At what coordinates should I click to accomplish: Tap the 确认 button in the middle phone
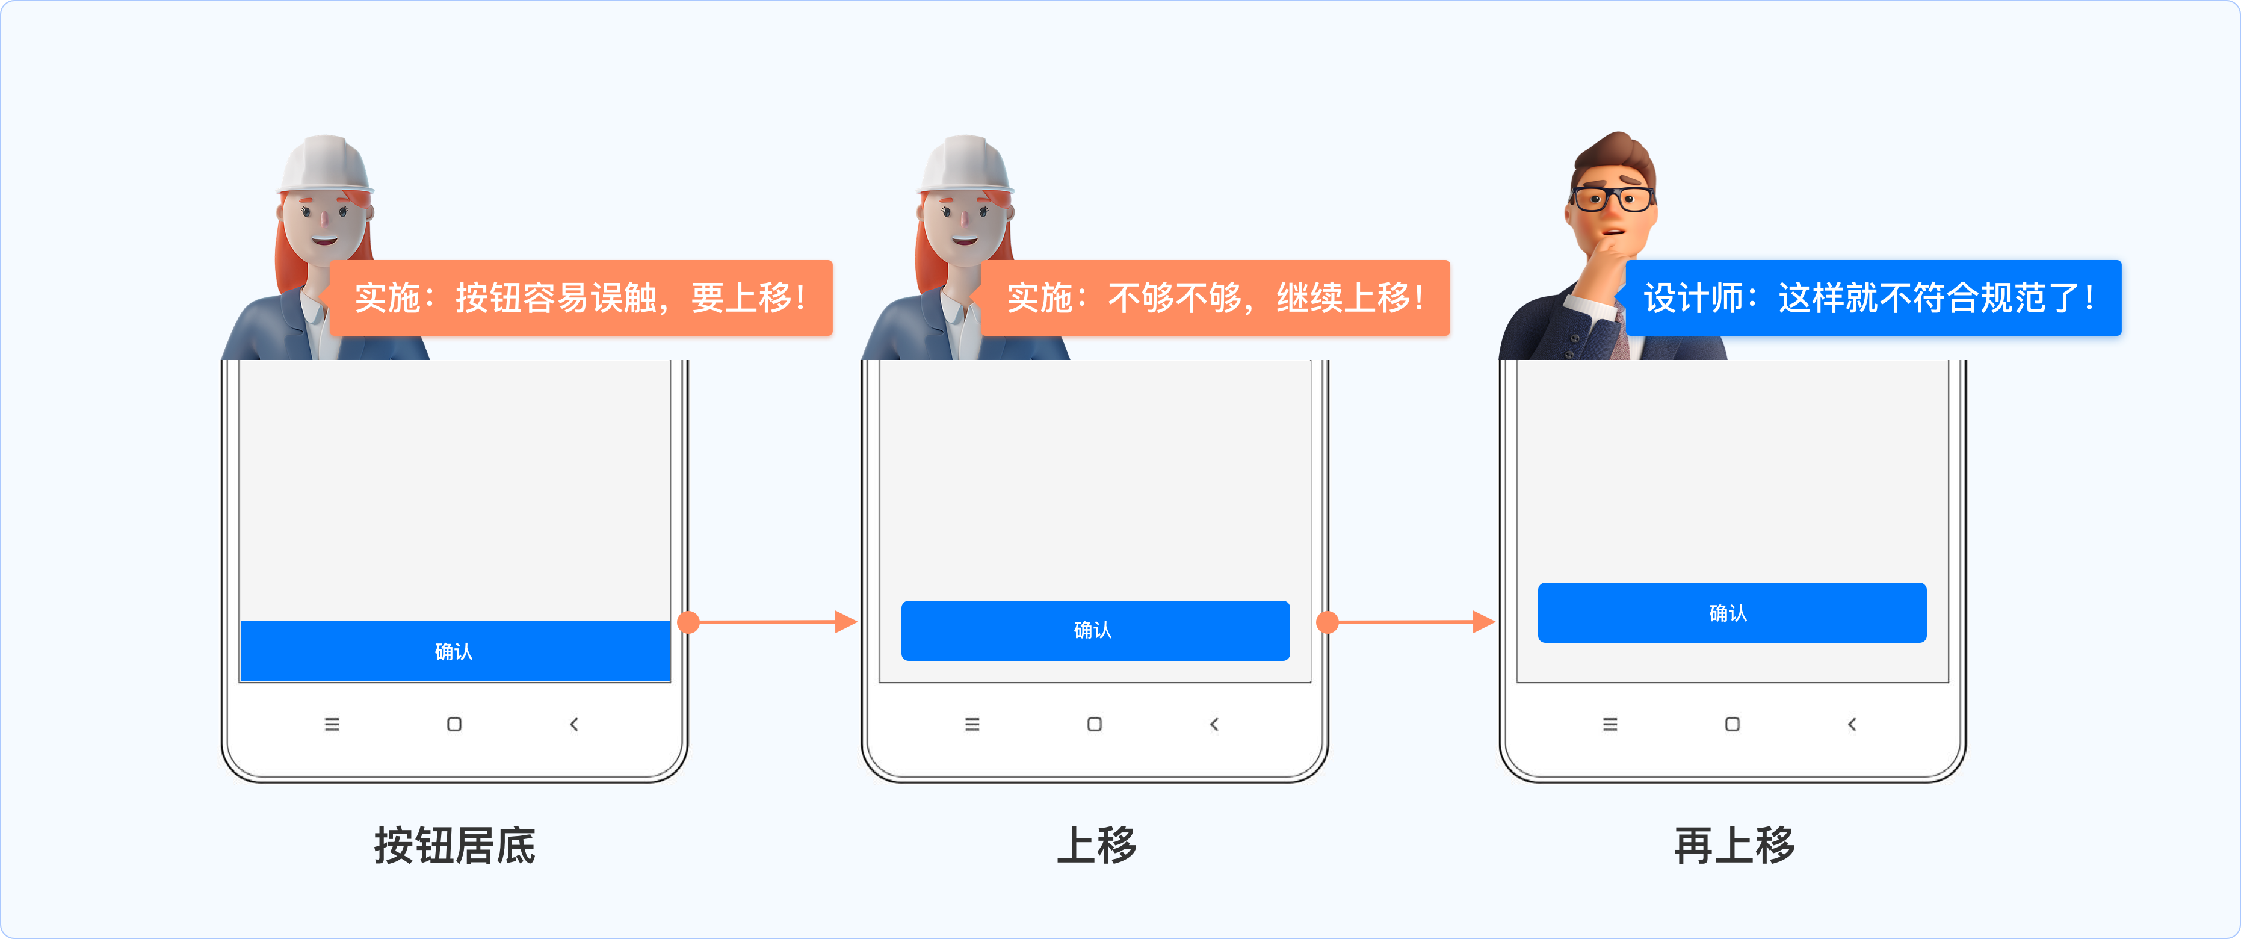point(1095,630)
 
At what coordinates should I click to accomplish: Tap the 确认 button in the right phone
point(1731,613)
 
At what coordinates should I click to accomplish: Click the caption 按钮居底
point(454,845)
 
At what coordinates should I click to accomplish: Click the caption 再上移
point(1734,845)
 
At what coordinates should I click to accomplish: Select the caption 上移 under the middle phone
point(1096,845)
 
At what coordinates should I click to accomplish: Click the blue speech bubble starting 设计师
point(1872,297)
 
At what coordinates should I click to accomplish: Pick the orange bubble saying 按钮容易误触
point(580,297)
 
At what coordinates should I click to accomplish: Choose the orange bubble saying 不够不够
point(1214,297)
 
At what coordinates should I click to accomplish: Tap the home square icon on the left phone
point(454,724)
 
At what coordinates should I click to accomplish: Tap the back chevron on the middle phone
point(1214,724)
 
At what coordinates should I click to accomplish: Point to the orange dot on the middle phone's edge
point(1328,622)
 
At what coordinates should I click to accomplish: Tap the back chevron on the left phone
point(574,724)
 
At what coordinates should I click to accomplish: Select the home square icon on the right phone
point(1732,724)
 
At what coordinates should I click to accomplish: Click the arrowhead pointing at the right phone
point(1483,622)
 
